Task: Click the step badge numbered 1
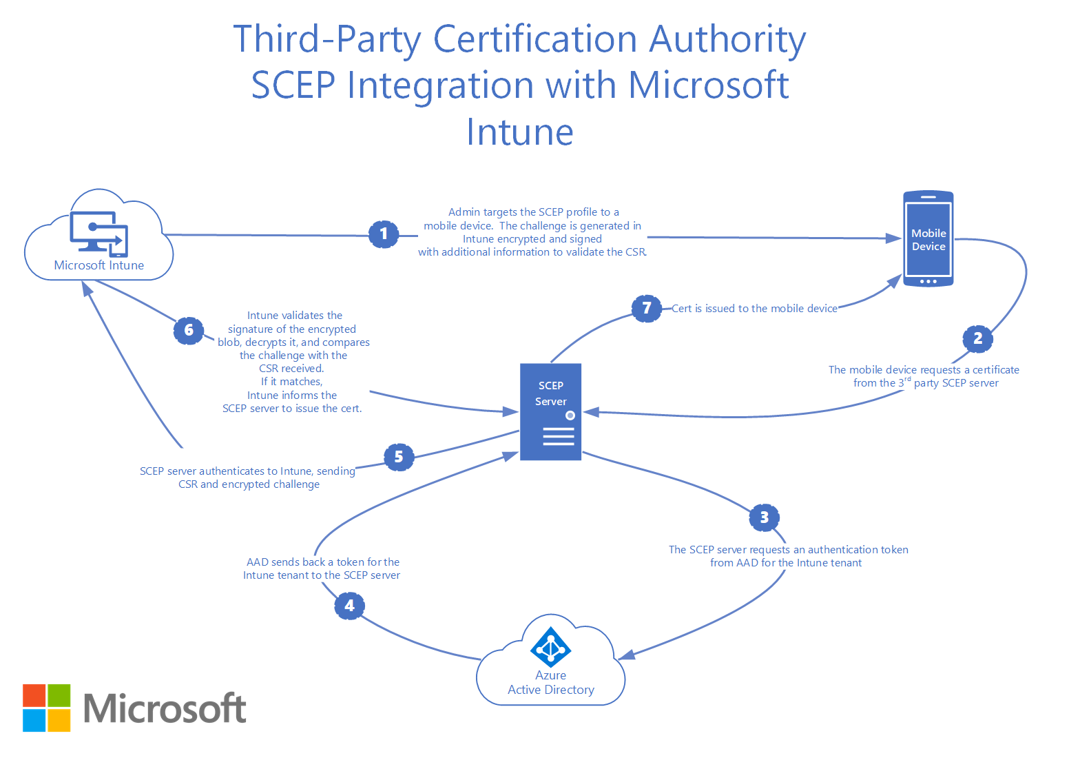(x=384, y=234)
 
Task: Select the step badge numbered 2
(x=977, y=338)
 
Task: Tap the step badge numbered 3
(x=764, y=517)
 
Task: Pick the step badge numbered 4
(x=349, y=606)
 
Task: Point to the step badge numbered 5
(x=399, y=457)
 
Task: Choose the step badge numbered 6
(x=189, y=331)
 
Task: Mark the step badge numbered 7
(x=646, y=308)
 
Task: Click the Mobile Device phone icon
(x=928, y=239)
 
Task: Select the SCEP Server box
(x=550, y=411)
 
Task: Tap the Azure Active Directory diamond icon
(x=550, y=647)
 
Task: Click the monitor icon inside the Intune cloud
(x=98, y=233)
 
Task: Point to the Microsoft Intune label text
(x=99, y=265)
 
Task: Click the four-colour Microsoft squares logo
(x=47, y=708)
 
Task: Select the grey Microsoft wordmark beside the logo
(x=165, y=708)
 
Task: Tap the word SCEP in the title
(x=293, y=85)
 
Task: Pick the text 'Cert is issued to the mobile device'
(x=754, y=309)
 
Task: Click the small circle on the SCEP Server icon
(x=570, y=415)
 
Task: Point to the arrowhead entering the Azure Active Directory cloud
(x=625, y=655)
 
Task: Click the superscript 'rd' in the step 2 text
(x=907, y=379)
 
